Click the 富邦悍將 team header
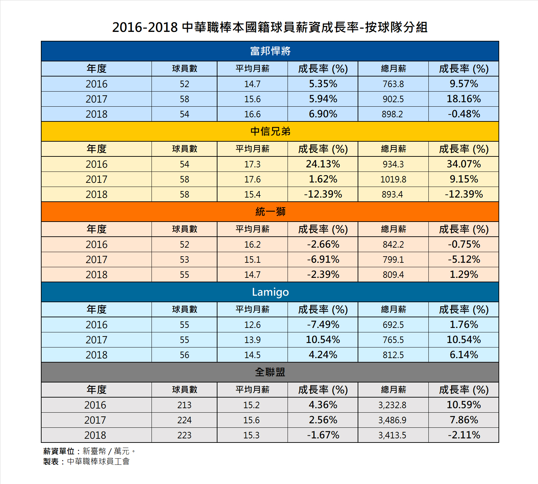(x=270, y=51)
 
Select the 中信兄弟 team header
(x=270, y=131)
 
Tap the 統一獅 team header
(x=270, y=212)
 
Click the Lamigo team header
(x=270, y=292)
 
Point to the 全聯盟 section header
(x=270, y=372)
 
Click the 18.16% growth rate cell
(x=463, y=99)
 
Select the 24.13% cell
(x=323, y=164)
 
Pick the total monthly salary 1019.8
(x=393, y=179)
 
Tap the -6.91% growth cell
(x=323, y=259)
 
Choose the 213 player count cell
(x=184, y=405)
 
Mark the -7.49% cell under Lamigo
(x=323, y=324)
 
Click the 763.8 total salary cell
(x=393, y=84)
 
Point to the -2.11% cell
(x=463, y=435)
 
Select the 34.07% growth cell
(x=463, y=164)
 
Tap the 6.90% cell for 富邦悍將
(x=323, y=114)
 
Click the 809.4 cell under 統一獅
(x=393, y=274)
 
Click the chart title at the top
(x=270, y=27)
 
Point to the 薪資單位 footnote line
(x=89, y=451)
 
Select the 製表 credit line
(x=86, y=461)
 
